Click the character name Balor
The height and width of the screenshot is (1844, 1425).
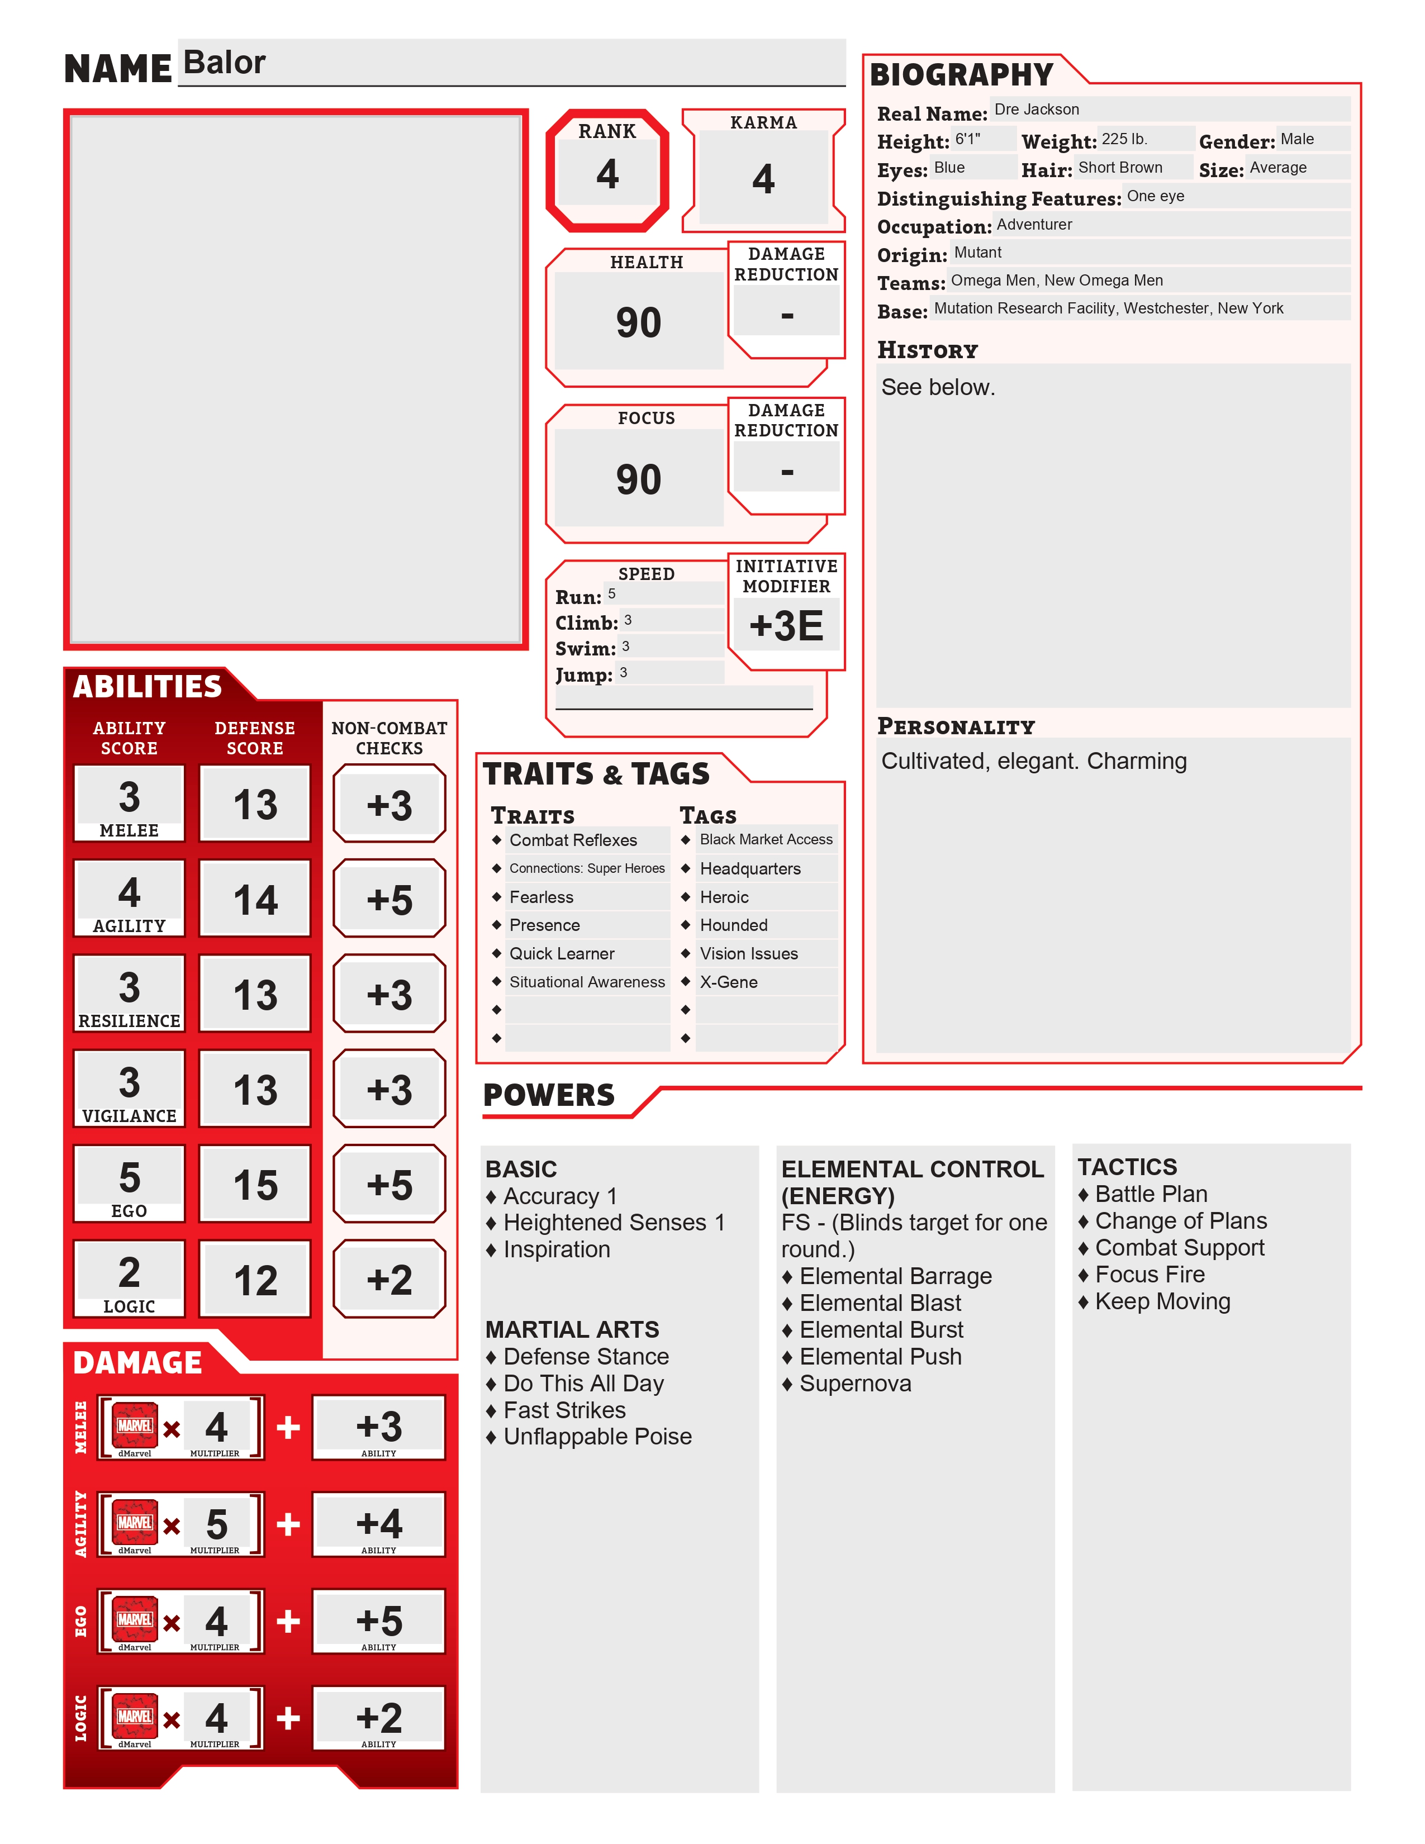pyautogui.click(x=224, y=63)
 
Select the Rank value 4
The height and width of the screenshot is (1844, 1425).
pyautogui.click(x=607, y=174)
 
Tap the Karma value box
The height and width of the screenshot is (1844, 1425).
pyautogui.click(x=763, y=178)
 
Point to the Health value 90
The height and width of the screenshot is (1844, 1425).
pyautogui.click(x=638, y=322)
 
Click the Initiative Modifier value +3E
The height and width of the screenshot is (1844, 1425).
pyautogui.click(x=786, y=626)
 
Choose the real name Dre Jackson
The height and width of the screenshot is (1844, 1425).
pyautogui.click(x=1036, y=110)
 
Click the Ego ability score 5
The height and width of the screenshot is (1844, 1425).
pyautogui.click(x=129, y=1177)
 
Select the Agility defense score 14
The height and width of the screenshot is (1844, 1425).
pyautogui.click(x=255, y=900)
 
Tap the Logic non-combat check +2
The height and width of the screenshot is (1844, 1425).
pyautogui.click(x=389, y=1280)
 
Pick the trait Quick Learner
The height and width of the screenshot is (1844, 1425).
pyautogui.click(x=562, y=953)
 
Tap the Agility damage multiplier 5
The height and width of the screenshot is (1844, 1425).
pyautogui.click(x=216, y=1524)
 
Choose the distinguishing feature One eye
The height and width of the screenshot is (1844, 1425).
pyautogui.click(x=1155, y=197)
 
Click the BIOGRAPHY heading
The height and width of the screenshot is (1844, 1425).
pyautogui.click(x=961, y=75)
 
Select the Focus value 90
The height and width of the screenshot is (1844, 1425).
pyautogui.click(x=638, y=479)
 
